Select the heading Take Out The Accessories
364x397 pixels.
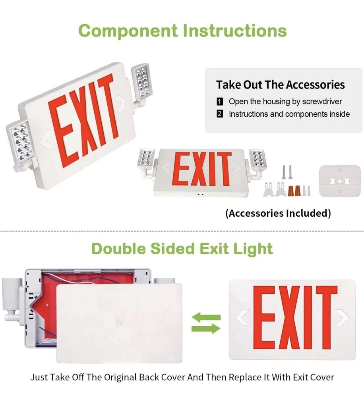pyautogui.click(x=280, y=85)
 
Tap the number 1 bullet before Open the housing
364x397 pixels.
pyautogui.click(x=220, y=102)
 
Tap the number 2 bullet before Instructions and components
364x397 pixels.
pyautogui.click(x=220, y=114)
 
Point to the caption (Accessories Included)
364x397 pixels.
pyautogui.click(x=278, y=213)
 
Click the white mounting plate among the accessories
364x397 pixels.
pyautogui.click(x=340, y=181)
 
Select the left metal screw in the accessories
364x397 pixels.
pyautogui.click(x=284, y=172)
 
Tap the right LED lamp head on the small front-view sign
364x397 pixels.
pyautogui.click(x=258, y=160)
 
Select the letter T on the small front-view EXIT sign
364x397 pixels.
pyautogui.click(x=224, y=170)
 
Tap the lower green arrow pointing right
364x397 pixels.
pyautogui.click(x=206, y=328)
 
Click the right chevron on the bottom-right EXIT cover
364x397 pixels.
pyautogui.click(x=341, y=318)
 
